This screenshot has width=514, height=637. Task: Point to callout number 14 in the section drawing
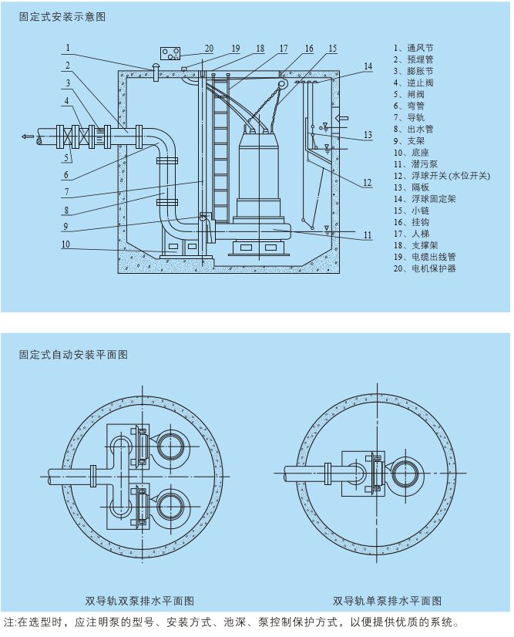point(368,67)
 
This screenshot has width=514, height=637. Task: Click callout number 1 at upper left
point(68,48)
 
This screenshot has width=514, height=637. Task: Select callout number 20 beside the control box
point(209,48)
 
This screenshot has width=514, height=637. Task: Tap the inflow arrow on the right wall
point(344,118)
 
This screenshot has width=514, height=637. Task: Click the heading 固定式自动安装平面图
point(73,355)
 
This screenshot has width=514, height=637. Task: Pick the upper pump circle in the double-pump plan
point(170,445)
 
